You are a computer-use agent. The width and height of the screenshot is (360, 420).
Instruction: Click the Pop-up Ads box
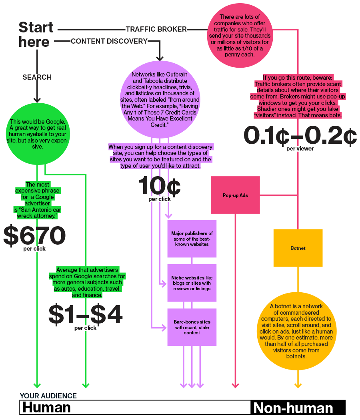point(236,195)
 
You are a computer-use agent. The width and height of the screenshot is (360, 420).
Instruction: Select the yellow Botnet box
point(298,248)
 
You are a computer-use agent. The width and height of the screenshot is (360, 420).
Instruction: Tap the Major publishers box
point(192,239)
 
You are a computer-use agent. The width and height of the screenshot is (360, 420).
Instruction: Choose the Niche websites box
point(192,283)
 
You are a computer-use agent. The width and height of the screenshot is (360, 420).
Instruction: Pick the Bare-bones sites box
point(192,327)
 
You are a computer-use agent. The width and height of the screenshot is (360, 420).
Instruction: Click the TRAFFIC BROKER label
point(156,29)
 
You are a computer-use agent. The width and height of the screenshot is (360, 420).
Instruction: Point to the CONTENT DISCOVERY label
point(109,41)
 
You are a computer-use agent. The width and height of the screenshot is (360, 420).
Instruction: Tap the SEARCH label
point(37,77)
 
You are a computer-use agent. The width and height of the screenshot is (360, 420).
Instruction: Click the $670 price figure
point(34,236)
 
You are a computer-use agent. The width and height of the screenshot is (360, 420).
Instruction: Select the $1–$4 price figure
point(85,314)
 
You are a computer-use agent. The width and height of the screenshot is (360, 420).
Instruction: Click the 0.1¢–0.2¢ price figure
point(300,137)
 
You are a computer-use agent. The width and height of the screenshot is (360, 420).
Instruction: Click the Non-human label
point(293,408)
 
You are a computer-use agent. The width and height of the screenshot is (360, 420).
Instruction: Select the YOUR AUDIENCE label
point(48,396)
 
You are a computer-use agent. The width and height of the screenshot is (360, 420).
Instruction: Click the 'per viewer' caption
point(300,149)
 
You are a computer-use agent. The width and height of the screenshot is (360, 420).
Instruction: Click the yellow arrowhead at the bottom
point(298,386)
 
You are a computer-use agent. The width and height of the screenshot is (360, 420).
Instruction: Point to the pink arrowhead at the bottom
point(235,386)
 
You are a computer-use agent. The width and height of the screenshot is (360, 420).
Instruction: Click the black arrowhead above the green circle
point(37,100)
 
